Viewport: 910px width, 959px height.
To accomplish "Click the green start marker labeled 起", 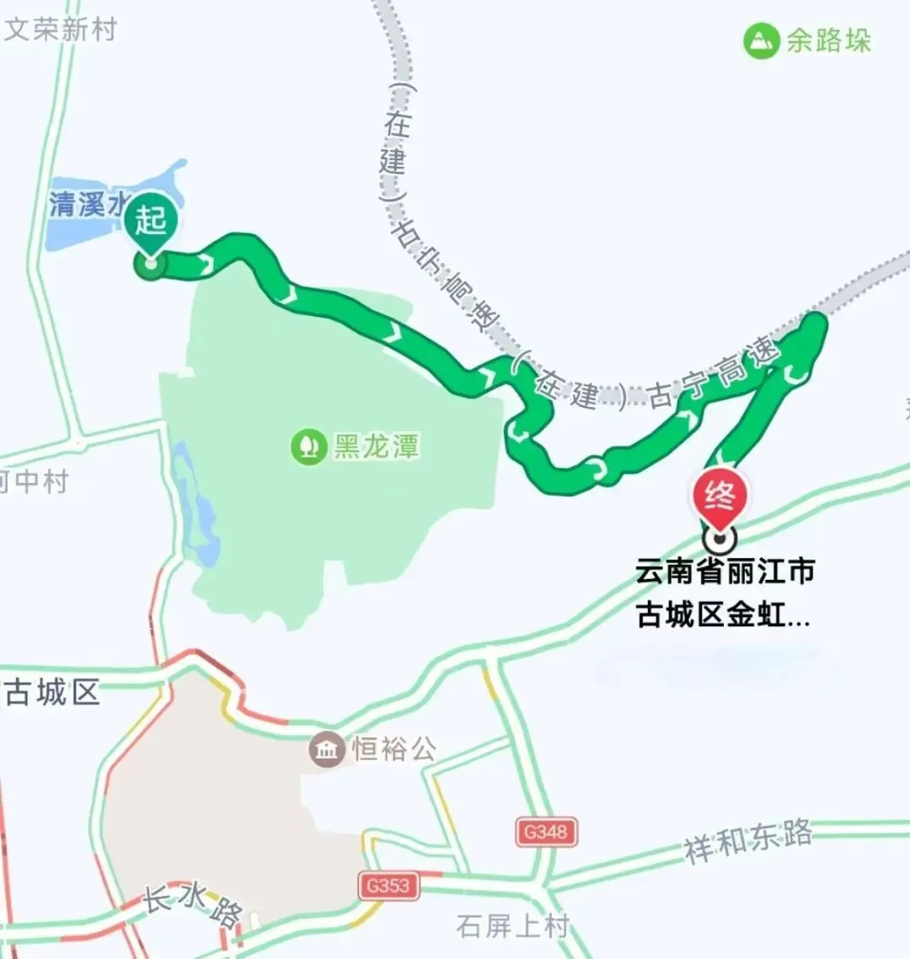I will point(151,222).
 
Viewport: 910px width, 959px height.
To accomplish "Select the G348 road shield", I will point(546,832).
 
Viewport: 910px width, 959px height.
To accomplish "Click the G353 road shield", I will point(388,886).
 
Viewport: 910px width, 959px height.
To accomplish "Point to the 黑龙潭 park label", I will point(376,446).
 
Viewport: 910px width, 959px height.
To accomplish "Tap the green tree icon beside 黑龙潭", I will point(308,446).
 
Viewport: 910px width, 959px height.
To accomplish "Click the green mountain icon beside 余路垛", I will point(761,40).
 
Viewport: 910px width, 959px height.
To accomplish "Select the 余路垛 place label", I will point(828,40).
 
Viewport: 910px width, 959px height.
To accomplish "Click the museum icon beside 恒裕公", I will point(326,748).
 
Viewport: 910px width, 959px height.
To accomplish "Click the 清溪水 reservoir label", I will point(88,204).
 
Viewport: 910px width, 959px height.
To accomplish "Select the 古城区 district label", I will point(52,693).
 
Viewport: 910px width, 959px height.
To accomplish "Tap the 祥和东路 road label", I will point(748,840).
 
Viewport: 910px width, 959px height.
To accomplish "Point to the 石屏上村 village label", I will point(512,926).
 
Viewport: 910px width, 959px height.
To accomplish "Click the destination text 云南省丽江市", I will point(725,571).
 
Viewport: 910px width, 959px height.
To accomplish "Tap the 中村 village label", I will point(38,482).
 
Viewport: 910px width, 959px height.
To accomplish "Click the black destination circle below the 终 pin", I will point(720,537).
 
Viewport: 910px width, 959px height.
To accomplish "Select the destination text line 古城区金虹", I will point(723,615).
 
